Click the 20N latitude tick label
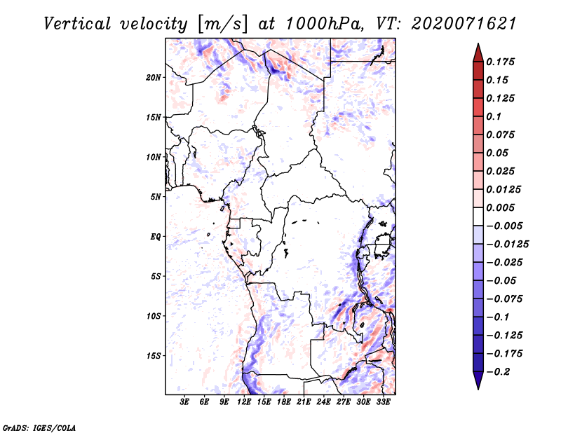pyautogui.click(x=154, y=78)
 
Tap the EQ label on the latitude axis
pyautogui.click(x=156, y=237)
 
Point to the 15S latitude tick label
pyautogui.click(x=154, y=356)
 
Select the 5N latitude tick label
pyautogui.click(x=156, y=197)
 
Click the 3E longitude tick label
pyautogui.click(x=184, y=402)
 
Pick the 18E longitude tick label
pyautogui.click(x=284, y=402)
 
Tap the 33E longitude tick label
pyautogui.click(x=383, y=402)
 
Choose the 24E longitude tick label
pyautogui.click(x=323, y=402)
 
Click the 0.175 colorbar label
pyautogui.click(x=500, y=62)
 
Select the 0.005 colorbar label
pyautogui.click(x=500, y=207)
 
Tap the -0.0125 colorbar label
pyautogui.click(x=508, y=245)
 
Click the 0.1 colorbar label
pyautogui.click(x=494, y=116)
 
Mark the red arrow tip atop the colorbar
pyautogui.click(x=478, y=43)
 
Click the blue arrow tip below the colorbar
pyautogui.click(x=478, y=389)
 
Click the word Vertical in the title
pyautogui.click(x=77, y=24)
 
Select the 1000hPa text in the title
pyautogui.click(x=325, y=24)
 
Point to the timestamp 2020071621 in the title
pyautogui.click(x=464, y=24)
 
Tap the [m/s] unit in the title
pyautogui.click(x=222, y=25)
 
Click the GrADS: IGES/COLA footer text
pyautogui.click(x=39, y=428)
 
